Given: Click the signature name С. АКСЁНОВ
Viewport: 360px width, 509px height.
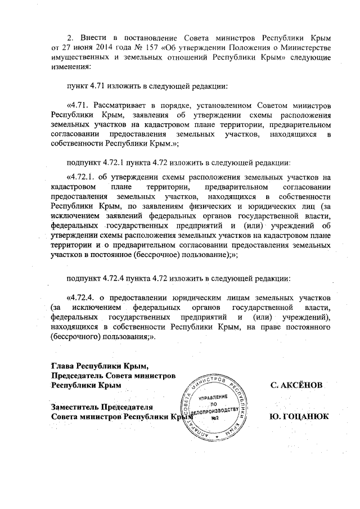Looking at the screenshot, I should [297, 385].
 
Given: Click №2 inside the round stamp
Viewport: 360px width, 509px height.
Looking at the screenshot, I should [214, 418].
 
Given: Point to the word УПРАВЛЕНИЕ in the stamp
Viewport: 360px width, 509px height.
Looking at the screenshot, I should [214, 397].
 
